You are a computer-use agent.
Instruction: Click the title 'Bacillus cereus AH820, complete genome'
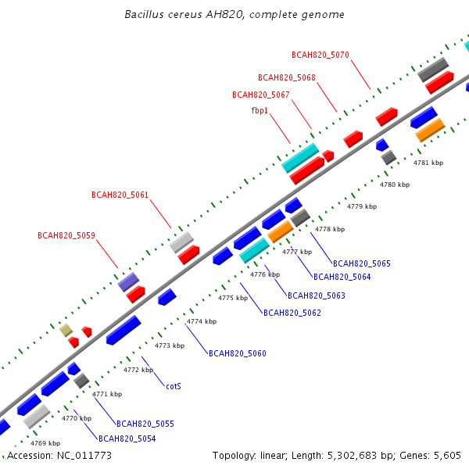(234, 14)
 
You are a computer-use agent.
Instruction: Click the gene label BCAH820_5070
(320, 55)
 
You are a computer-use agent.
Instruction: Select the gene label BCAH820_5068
(287, 77)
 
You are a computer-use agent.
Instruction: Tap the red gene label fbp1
(260, 111)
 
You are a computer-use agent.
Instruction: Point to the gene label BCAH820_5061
(120, 195)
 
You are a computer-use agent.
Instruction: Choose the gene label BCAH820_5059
(66, 236)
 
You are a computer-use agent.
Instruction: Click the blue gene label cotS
(174, 386)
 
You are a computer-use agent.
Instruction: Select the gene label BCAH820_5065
(362, 263)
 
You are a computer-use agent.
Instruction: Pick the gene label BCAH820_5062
(292, 313)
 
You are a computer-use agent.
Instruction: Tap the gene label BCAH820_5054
(127, 439)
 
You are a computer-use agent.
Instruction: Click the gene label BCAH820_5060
(238, 353)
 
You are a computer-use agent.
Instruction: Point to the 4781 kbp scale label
(428, 163)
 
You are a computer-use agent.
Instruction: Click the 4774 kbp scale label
(202, 321)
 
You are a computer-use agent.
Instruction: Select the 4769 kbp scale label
(45, 443)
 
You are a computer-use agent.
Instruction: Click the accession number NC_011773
(84, 456)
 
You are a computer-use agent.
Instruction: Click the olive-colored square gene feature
(66, 330)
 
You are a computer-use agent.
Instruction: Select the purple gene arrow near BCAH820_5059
(128, 282)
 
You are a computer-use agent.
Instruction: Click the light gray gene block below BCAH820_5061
(181, 242)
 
